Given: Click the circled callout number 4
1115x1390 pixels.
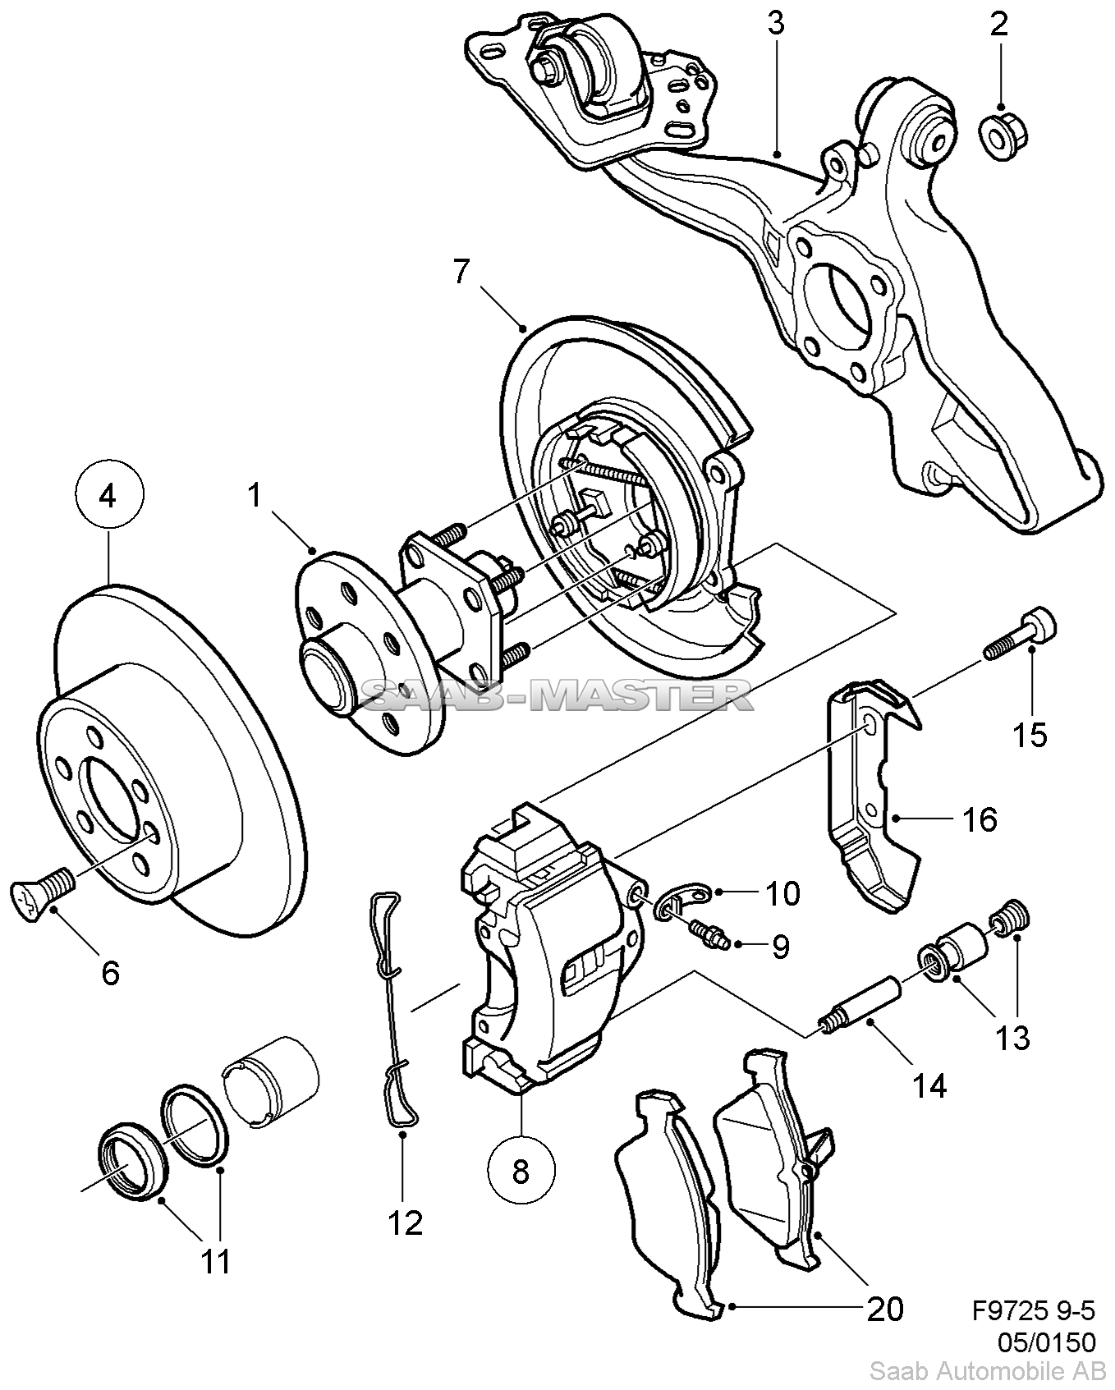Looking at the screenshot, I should tap(109, 496).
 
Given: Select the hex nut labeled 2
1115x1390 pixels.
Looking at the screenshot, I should tap(1000, 134).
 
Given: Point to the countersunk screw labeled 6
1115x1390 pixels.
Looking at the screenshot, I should tap(44, 891).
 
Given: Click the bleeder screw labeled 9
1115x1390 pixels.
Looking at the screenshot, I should tap(709, 932).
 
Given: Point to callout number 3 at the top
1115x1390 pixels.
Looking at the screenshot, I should tap(776, 24).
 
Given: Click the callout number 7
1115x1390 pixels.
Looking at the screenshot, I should tap(461, 272).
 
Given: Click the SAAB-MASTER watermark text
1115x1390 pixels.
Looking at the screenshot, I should tap(557, 697).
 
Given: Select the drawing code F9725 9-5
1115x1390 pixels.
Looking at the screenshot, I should tap(1033, 1309).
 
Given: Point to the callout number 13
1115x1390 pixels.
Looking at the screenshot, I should tap(1012, 1038).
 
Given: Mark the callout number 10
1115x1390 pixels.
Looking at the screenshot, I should tap(782, 893).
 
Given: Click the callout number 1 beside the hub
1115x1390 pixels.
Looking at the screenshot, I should tap(255, 497).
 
